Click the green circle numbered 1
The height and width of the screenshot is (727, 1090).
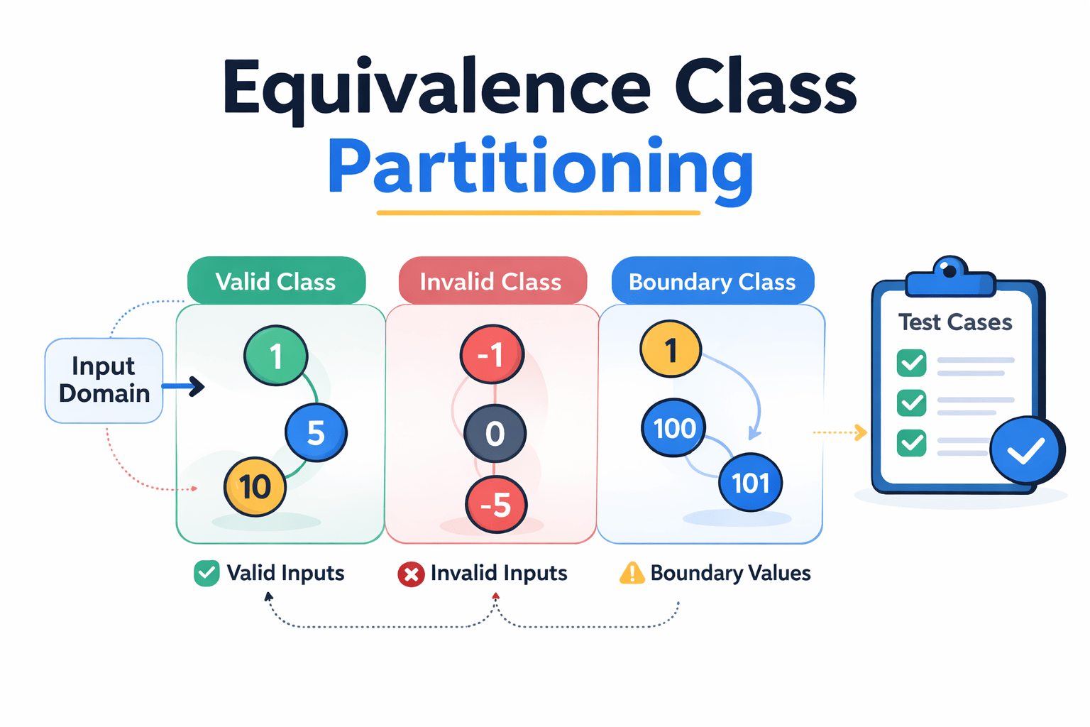[x=276, y=356]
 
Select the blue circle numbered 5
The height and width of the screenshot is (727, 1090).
[x=316, y=432]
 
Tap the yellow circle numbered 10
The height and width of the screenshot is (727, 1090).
[x=255, y=486]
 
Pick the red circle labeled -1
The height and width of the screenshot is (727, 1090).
[x=492, y=354]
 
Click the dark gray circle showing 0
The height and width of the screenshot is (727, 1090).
[x=495, y=433]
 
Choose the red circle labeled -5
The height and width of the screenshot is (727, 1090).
[x=496, y=504]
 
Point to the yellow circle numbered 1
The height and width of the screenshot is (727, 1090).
[x=671, y=349]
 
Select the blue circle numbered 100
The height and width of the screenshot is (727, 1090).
[x=673, y=427]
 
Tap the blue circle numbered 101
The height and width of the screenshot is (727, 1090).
[x=751, y=482]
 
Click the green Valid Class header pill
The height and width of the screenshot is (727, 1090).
[x=276, y=280]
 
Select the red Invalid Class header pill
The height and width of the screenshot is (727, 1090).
[x=492, y=280]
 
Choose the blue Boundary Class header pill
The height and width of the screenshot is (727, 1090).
[x=713, y=280]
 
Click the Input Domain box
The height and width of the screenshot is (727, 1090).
[x=104, y=381]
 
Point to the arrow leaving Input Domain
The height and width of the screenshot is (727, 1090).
[x=183, y=386]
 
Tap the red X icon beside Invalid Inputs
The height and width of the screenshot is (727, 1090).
[x=411, y=574]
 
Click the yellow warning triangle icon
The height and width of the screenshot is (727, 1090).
[x=632, y=573]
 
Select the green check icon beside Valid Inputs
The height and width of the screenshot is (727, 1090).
[x=207, y=573]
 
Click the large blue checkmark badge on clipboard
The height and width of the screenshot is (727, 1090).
[x=1027, y=450]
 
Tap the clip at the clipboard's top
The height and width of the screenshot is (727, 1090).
[x=950, y=278]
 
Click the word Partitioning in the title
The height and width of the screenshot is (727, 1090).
[x=541, y=168]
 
